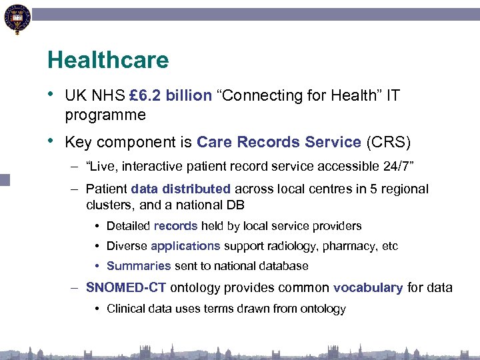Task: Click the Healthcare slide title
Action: (108, 61)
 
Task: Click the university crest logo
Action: (16, 19)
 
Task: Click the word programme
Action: (105, 115)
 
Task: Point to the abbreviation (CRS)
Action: (389, 143)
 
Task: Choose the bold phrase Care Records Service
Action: (279, 143)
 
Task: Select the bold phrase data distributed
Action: (181, 189)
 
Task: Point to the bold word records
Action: (175, 226)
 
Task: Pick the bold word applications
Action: (185, 246)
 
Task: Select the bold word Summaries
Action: (139, 266)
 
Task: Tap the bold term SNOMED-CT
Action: (126, 288)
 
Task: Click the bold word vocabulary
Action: (368, 288)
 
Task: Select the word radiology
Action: (291, 246)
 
